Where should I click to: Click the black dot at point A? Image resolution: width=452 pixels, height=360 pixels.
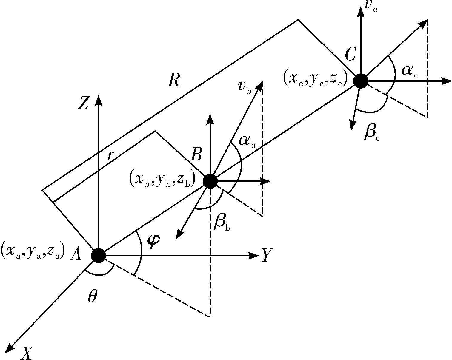coord(98,256)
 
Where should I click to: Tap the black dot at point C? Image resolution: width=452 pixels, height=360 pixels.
coord(361,81)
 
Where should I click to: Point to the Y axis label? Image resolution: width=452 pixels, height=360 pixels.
coord(267,255)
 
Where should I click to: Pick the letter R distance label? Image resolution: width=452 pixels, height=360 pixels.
coord(174,81)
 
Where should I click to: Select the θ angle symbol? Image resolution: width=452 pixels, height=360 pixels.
coord(93,296)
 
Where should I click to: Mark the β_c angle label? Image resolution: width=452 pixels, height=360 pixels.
coord(372,134)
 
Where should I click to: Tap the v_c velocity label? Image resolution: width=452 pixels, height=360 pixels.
coord(371,6)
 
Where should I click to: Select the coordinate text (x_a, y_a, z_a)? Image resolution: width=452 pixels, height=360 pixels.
coord(33,251)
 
